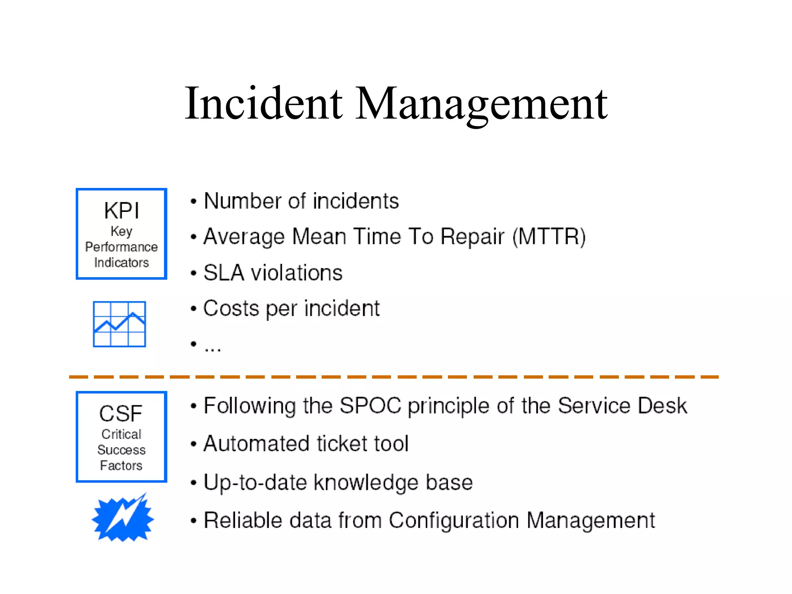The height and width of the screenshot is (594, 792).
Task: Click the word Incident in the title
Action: coord(263,104)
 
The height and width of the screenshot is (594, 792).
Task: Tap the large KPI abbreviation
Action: coord(121,211)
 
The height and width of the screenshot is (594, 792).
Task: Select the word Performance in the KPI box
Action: coord(121,247)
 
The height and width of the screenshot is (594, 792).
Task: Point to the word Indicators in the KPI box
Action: coord(121,263)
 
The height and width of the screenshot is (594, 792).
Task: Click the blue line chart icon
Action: coord(119,324)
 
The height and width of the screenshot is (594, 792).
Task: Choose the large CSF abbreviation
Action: coord(121,413)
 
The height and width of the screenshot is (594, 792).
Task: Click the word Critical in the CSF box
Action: coord(121,434)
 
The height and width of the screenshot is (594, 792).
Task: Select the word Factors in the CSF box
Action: coord(121,466)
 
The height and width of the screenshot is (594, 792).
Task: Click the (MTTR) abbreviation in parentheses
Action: coord(549,237)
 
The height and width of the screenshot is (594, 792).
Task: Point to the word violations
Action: coord(297,273)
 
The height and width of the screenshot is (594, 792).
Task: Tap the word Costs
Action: coord(231,309)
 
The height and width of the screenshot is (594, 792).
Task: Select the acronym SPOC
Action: coord(370,406)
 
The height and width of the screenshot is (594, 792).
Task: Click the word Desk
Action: coord(662,406)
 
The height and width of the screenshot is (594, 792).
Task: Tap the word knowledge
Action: coord(365,483)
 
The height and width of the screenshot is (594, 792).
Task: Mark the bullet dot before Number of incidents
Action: coord(193,201)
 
